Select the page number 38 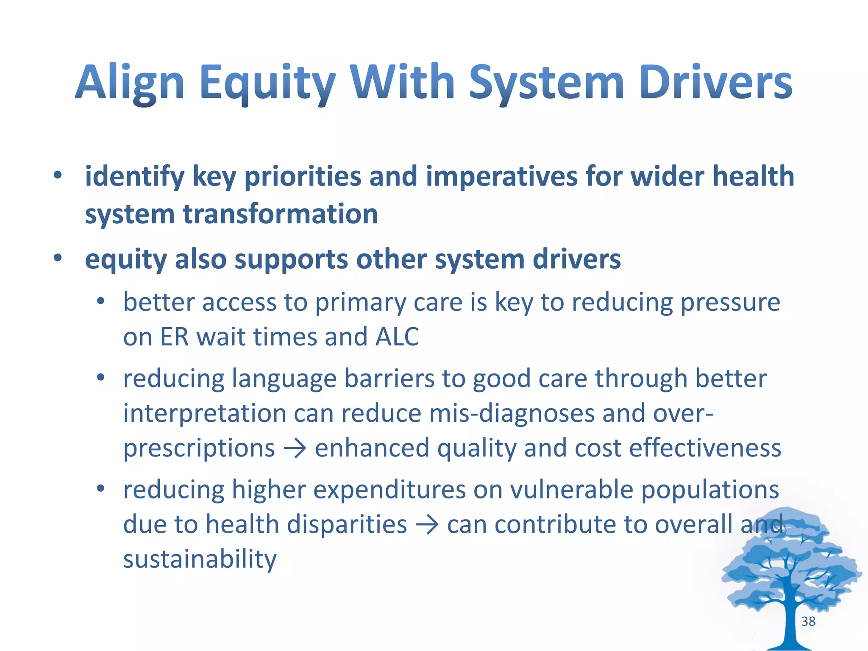[808, 621]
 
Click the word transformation [280, 214]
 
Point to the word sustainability [200, 559]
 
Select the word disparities [347, 525]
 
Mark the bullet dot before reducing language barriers [100, 377]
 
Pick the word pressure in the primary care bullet [730, 303]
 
